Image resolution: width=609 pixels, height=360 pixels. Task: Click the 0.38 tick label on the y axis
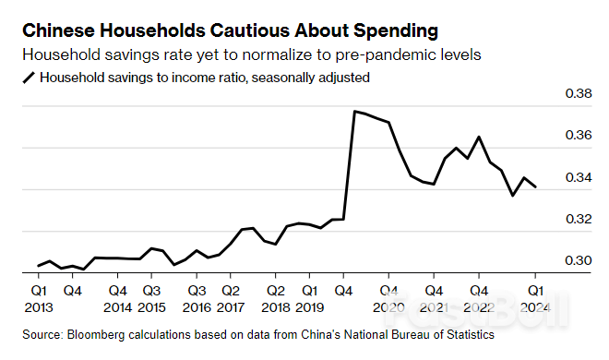579,94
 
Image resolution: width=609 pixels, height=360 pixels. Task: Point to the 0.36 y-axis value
579,136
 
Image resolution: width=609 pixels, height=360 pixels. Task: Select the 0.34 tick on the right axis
579,177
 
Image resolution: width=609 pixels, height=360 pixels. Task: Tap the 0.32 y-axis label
579,219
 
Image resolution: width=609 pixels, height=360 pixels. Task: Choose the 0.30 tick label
579,260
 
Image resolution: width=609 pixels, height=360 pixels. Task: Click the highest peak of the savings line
355,111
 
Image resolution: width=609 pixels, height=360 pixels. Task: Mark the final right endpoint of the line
536,187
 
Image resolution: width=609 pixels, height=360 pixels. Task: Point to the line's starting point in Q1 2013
38,266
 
